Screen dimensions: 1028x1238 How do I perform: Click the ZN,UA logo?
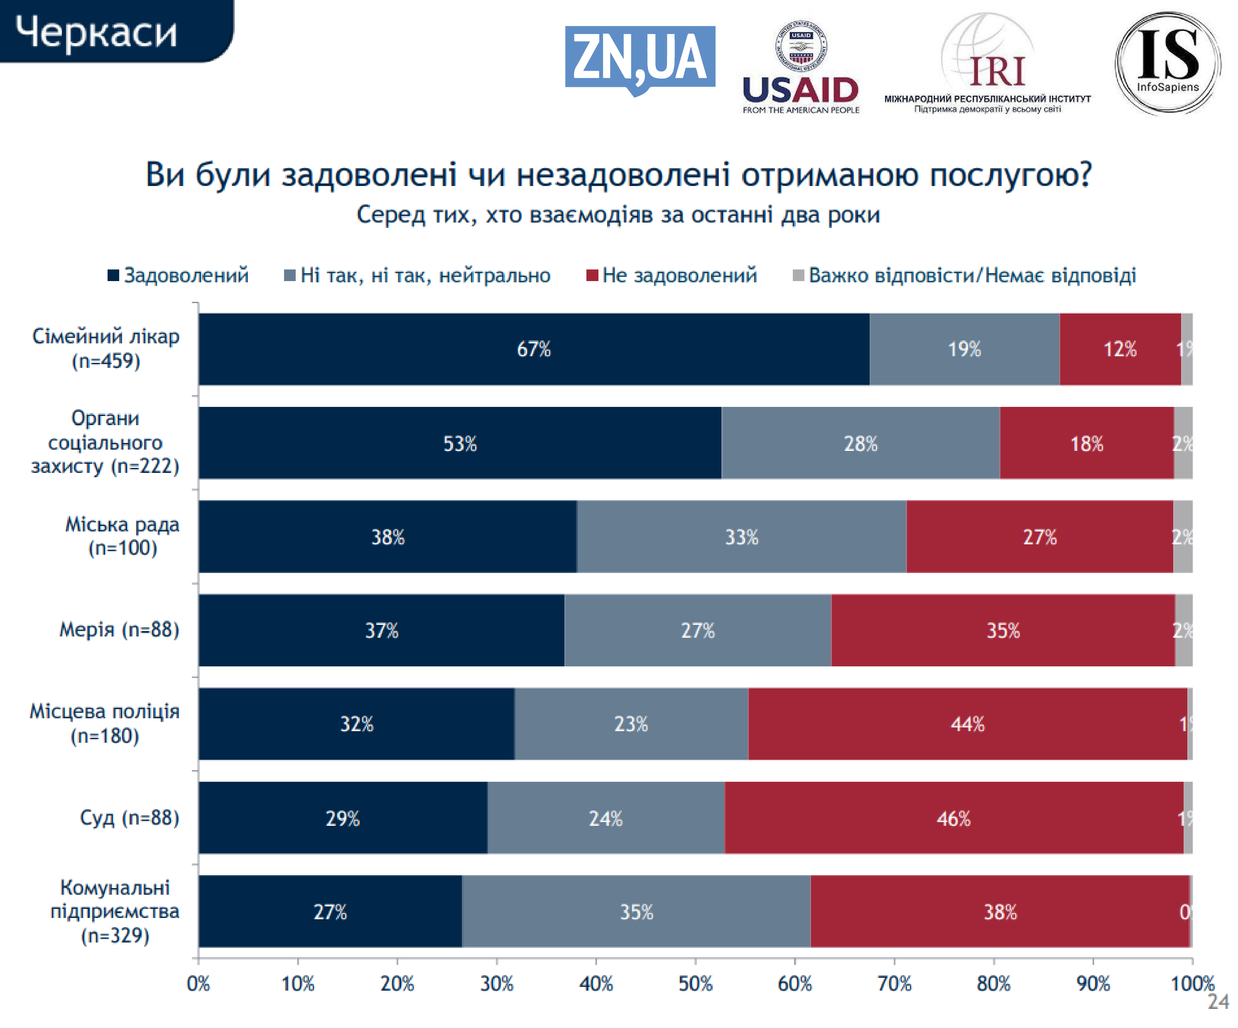pos(640,59)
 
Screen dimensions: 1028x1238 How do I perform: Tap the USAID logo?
pos(801,68)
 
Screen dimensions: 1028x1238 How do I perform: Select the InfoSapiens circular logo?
pos(1167,63)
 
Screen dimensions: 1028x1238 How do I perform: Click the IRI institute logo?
pos(988,65)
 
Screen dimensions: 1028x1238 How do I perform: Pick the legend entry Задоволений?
pos(178,275)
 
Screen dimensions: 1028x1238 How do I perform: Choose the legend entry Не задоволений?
pos(672,275)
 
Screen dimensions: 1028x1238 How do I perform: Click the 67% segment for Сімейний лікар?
pos(534,349)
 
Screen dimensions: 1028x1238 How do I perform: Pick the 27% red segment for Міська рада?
pos(1039,537)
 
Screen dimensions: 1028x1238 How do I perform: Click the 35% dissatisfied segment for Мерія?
pos(1003,631)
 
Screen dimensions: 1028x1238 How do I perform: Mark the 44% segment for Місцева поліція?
pos(967,724)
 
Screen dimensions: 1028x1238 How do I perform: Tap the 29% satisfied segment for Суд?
pos(343,818)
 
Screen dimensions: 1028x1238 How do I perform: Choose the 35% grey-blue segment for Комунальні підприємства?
pos(636,912)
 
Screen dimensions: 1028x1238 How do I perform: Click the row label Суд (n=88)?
pos(130,818)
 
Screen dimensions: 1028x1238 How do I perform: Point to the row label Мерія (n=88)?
pos(119,629)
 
